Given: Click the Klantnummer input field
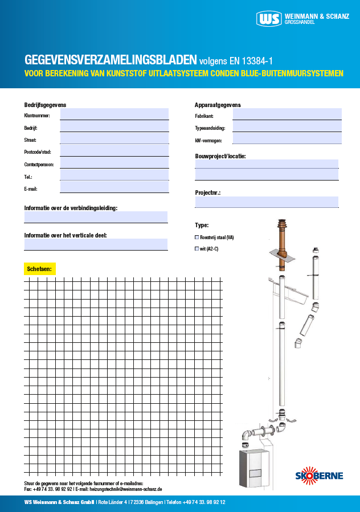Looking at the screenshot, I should coord(114,114).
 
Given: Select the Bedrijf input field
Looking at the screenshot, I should coord(114,126).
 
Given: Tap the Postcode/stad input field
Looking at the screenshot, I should coord(114,150).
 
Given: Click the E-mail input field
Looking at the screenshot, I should coord(114,187).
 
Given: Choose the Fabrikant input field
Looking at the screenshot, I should coord(287,114).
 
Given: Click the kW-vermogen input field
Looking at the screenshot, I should coord(287,138).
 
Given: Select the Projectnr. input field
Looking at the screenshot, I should coord(267,202).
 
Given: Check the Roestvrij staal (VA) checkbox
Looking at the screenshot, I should coord(197,237).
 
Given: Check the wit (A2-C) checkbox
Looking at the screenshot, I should coord(197,249).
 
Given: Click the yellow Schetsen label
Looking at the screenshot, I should coord(39,268).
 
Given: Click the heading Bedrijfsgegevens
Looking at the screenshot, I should coord(46,105).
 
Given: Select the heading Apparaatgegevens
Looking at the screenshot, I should coord(218,105).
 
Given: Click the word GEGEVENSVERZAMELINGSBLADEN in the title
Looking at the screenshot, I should coord(111,60).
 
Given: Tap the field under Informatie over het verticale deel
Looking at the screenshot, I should coord(96,244).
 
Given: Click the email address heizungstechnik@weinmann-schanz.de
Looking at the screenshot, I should coord(126,489).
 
